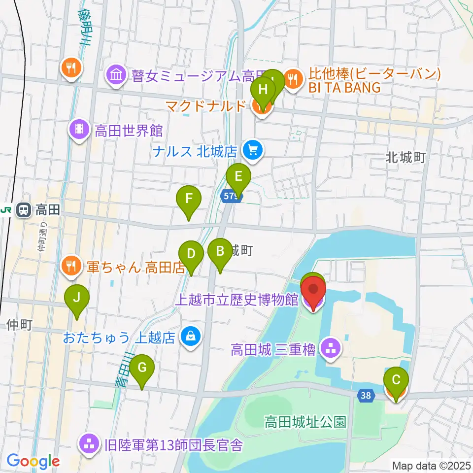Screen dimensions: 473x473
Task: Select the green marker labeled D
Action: tap(192, 255)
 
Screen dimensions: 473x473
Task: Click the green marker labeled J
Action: tap(76, 299)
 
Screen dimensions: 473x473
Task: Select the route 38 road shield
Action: tap(365, 395)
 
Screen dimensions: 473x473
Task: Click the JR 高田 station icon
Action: tap(23, 210)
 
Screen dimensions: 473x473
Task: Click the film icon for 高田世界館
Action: tap(79, 131)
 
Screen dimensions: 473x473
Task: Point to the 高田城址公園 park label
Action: tap(305, 422)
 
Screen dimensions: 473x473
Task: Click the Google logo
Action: tap(33, 461)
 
